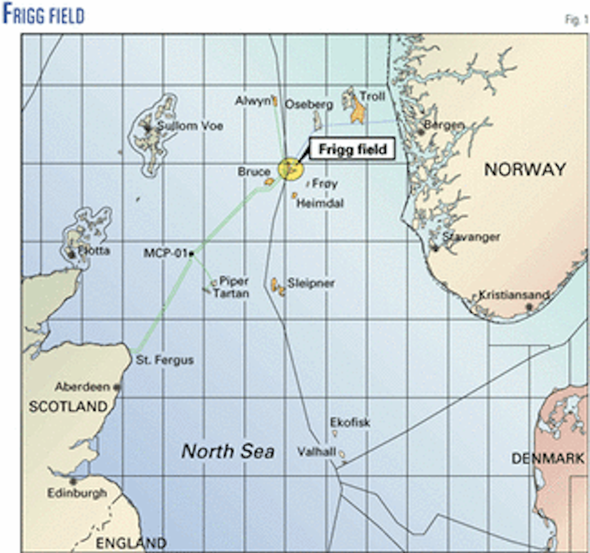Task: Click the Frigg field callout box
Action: pos(353,149)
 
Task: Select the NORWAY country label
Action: pos(525,169)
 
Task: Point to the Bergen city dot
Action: pos(421,132)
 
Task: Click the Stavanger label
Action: pos(471,237)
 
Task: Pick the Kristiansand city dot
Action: pos(529,306)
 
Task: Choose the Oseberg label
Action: pos(309,105)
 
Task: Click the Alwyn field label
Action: pos(253,101)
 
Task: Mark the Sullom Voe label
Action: pos(190,126)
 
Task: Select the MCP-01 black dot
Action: pos(191,254)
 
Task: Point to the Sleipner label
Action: pos(311,283)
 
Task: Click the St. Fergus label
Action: pos(165,360)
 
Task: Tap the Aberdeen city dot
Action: pos(117,387)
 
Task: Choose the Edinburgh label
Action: pos(77,493)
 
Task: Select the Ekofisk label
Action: pos(350,422)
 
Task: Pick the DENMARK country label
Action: pos(548,459)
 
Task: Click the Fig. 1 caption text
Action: pos(576,20)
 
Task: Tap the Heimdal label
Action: pos(320,203)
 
